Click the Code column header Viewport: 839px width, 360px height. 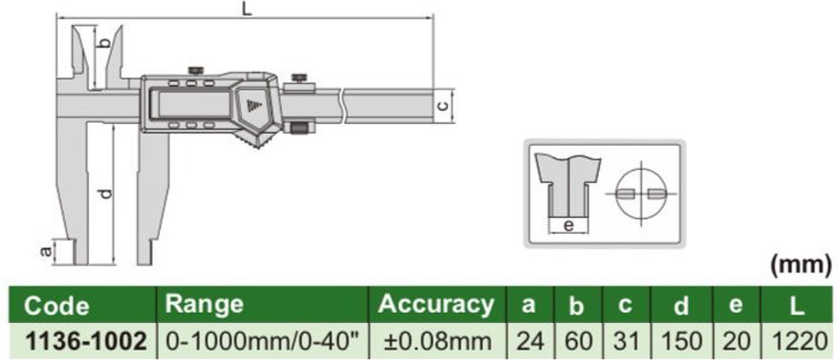[57, 306]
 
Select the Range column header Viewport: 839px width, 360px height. [205, 304]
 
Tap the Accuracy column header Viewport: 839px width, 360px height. [436, 304]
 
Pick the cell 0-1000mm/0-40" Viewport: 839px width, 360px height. [264, 341]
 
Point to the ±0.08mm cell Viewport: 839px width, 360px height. [436, 341]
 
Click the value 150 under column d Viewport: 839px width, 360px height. [681, 341]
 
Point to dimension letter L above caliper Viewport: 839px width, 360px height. [245, 8]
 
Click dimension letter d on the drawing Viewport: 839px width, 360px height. [104, 193]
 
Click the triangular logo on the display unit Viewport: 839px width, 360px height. [252, 106]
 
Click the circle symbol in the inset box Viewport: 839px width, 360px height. [641, 193]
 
